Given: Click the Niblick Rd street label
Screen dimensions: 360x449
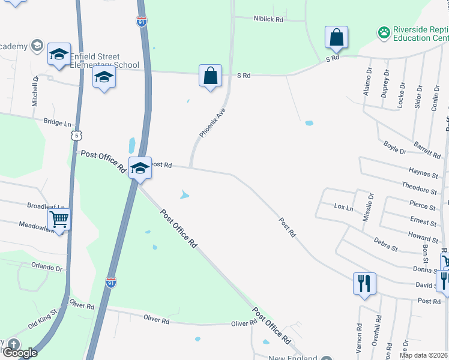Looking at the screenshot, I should (x=268, y=19).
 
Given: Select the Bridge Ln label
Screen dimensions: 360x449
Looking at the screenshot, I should (x=58, y=122).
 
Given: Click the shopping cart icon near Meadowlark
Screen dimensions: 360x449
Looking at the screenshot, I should (x=59, y=220).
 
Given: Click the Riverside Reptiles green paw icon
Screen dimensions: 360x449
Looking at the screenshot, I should (x=384, y=32).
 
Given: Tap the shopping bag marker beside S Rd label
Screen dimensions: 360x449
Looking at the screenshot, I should (x=210, y=77).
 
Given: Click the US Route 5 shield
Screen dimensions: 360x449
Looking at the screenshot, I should (x=75, y=136).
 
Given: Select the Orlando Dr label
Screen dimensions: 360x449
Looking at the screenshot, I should (x=47, y=268).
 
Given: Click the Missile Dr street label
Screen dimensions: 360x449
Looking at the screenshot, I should (x=369, y=207).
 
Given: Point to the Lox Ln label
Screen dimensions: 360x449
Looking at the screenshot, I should (x=343, y=206).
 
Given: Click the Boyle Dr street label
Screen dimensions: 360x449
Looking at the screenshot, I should (x=395, y=147).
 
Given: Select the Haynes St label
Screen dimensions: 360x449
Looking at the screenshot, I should (x=418, y=173).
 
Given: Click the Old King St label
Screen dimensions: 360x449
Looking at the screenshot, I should (x=42, y=317).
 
